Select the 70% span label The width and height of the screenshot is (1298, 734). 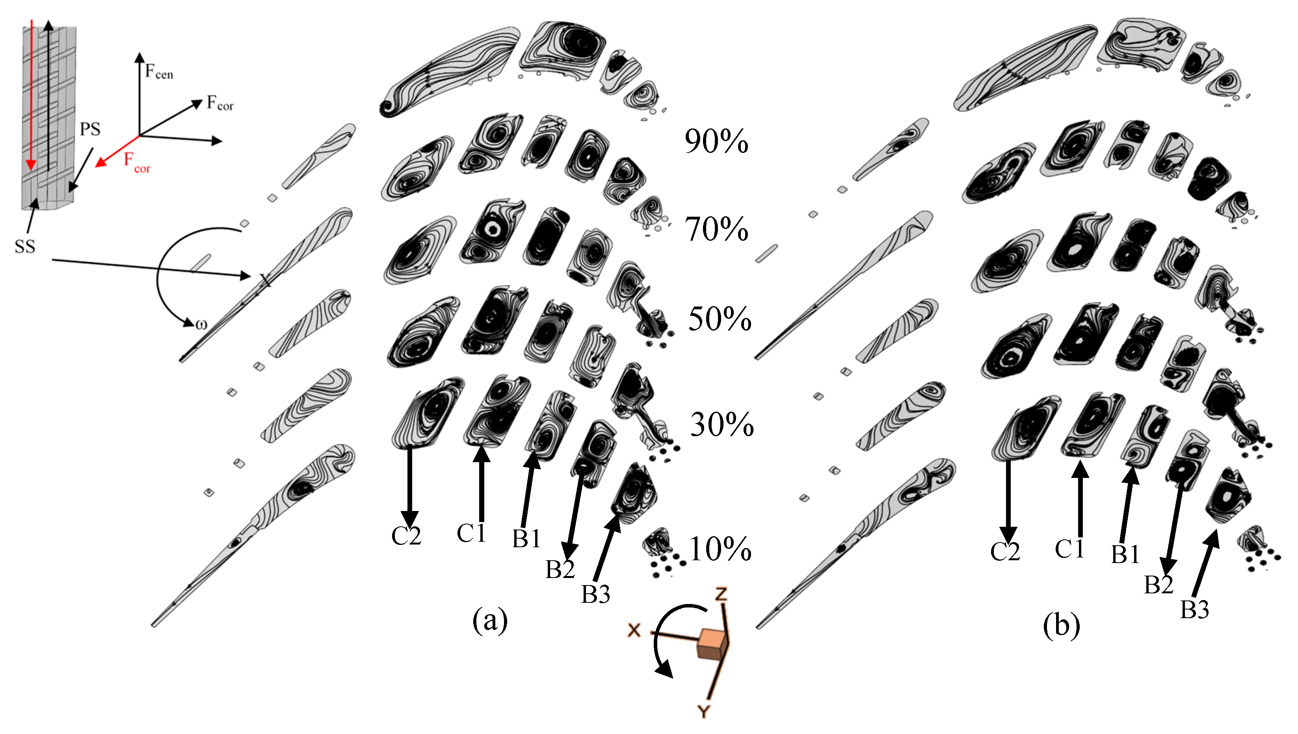point(716,229)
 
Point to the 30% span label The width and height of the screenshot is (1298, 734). point(722,424)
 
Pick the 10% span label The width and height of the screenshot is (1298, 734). point(720,548)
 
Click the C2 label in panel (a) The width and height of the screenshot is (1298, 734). point(406,536)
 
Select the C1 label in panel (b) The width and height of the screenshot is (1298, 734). point(1069,548)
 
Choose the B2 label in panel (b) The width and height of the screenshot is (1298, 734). point(1159,585)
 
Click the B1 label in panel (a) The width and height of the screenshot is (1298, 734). point(526,539)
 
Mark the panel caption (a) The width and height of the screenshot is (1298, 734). point(489,620)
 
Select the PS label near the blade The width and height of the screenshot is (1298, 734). point(90,129)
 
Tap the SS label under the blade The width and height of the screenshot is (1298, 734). point(25,247)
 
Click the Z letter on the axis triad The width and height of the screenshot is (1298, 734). point(722,594)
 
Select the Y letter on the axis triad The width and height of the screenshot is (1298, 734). point(704,711)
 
